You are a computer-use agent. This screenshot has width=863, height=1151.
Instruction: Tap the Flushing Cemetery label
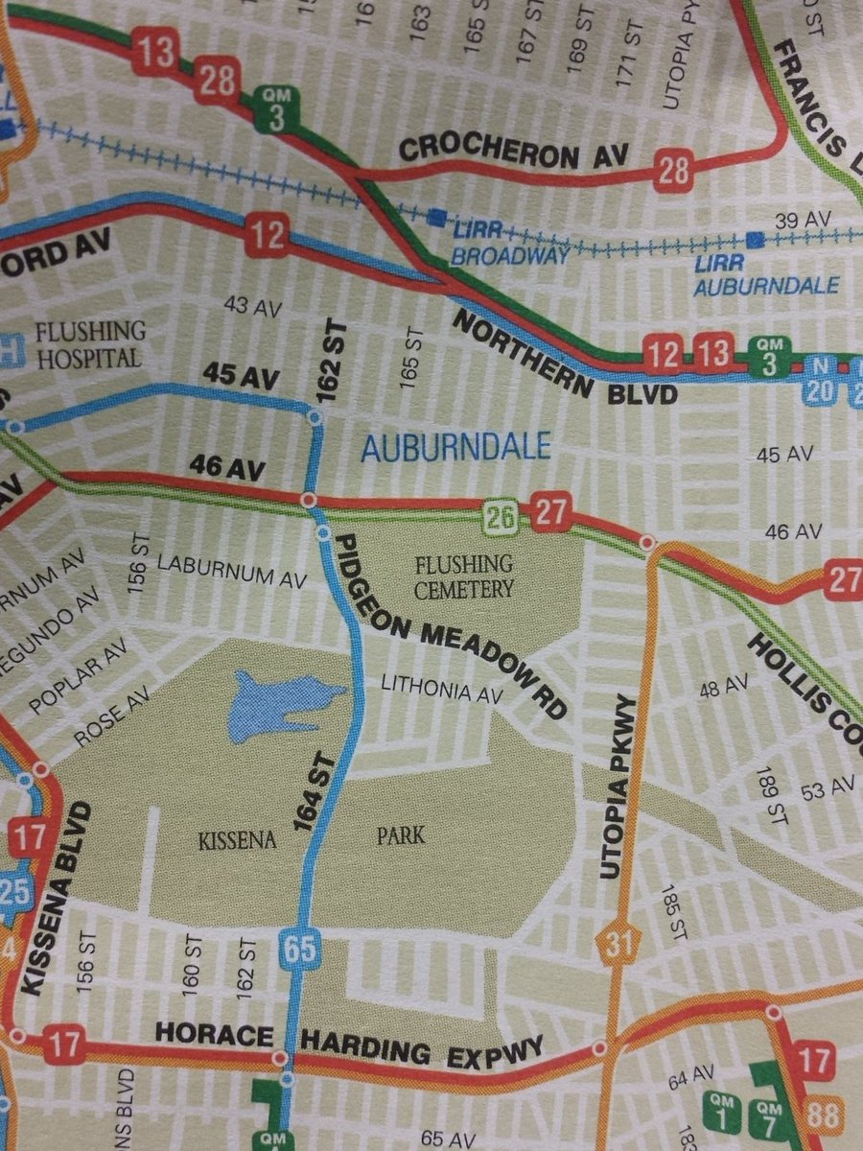[x=464, y=575]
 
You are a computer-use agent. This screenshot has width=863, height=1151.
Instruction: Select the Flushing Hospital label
[x=88, y=345]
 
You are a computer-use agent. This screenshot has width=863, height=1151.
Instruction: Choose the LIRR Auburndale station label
[x=767, y=274]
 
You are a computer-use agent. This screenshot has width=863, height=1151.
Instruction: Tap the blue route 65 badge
[x=299, y=949]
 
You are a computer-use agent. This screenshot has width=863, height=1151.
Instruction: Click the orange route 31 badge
[x=619, y=946]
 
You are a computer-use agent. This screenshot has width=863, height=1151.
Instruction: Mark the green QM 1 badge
[x=722, y=1111]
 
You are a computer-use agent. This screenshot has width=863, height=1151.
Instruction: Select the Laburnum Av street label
[x=231, y=573]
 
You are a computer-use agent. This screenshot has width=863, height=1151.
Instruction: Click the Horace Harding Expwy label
[x=350, y=1044]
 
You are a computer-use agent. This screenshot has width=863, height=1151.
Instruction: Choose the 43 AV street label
[x=250, y=306]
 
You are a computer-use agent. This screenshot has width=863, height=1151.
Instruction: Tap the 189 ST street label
[x=768, y=795]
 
